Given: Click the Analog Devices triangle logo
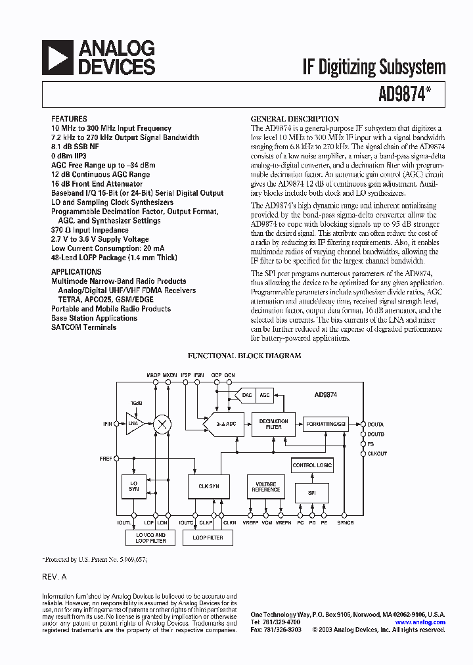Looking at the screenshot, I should pos(58,58).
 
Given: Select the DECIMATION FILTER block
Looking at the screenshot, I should pos(274,424).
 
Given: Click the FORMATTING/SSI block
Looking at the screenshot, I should pos(325,424).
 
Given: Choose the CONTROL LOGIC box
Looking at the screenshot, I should pos(312,465).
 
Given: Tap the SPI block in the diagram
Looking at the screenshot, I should pos(312,492).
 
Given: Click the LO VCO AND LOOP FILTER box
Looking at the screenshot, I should pos(150,538).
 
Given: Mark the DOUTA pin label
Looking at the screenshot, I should pos(376,424).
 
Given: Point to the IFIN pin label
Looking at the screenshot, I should pos(107,424).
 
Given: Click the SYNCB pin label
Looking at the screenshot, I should pos(346,522).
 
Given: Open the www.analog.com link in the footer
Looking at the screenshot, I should pos(420,622).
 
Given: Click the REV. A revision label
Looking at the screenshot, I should pos(55,576).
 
